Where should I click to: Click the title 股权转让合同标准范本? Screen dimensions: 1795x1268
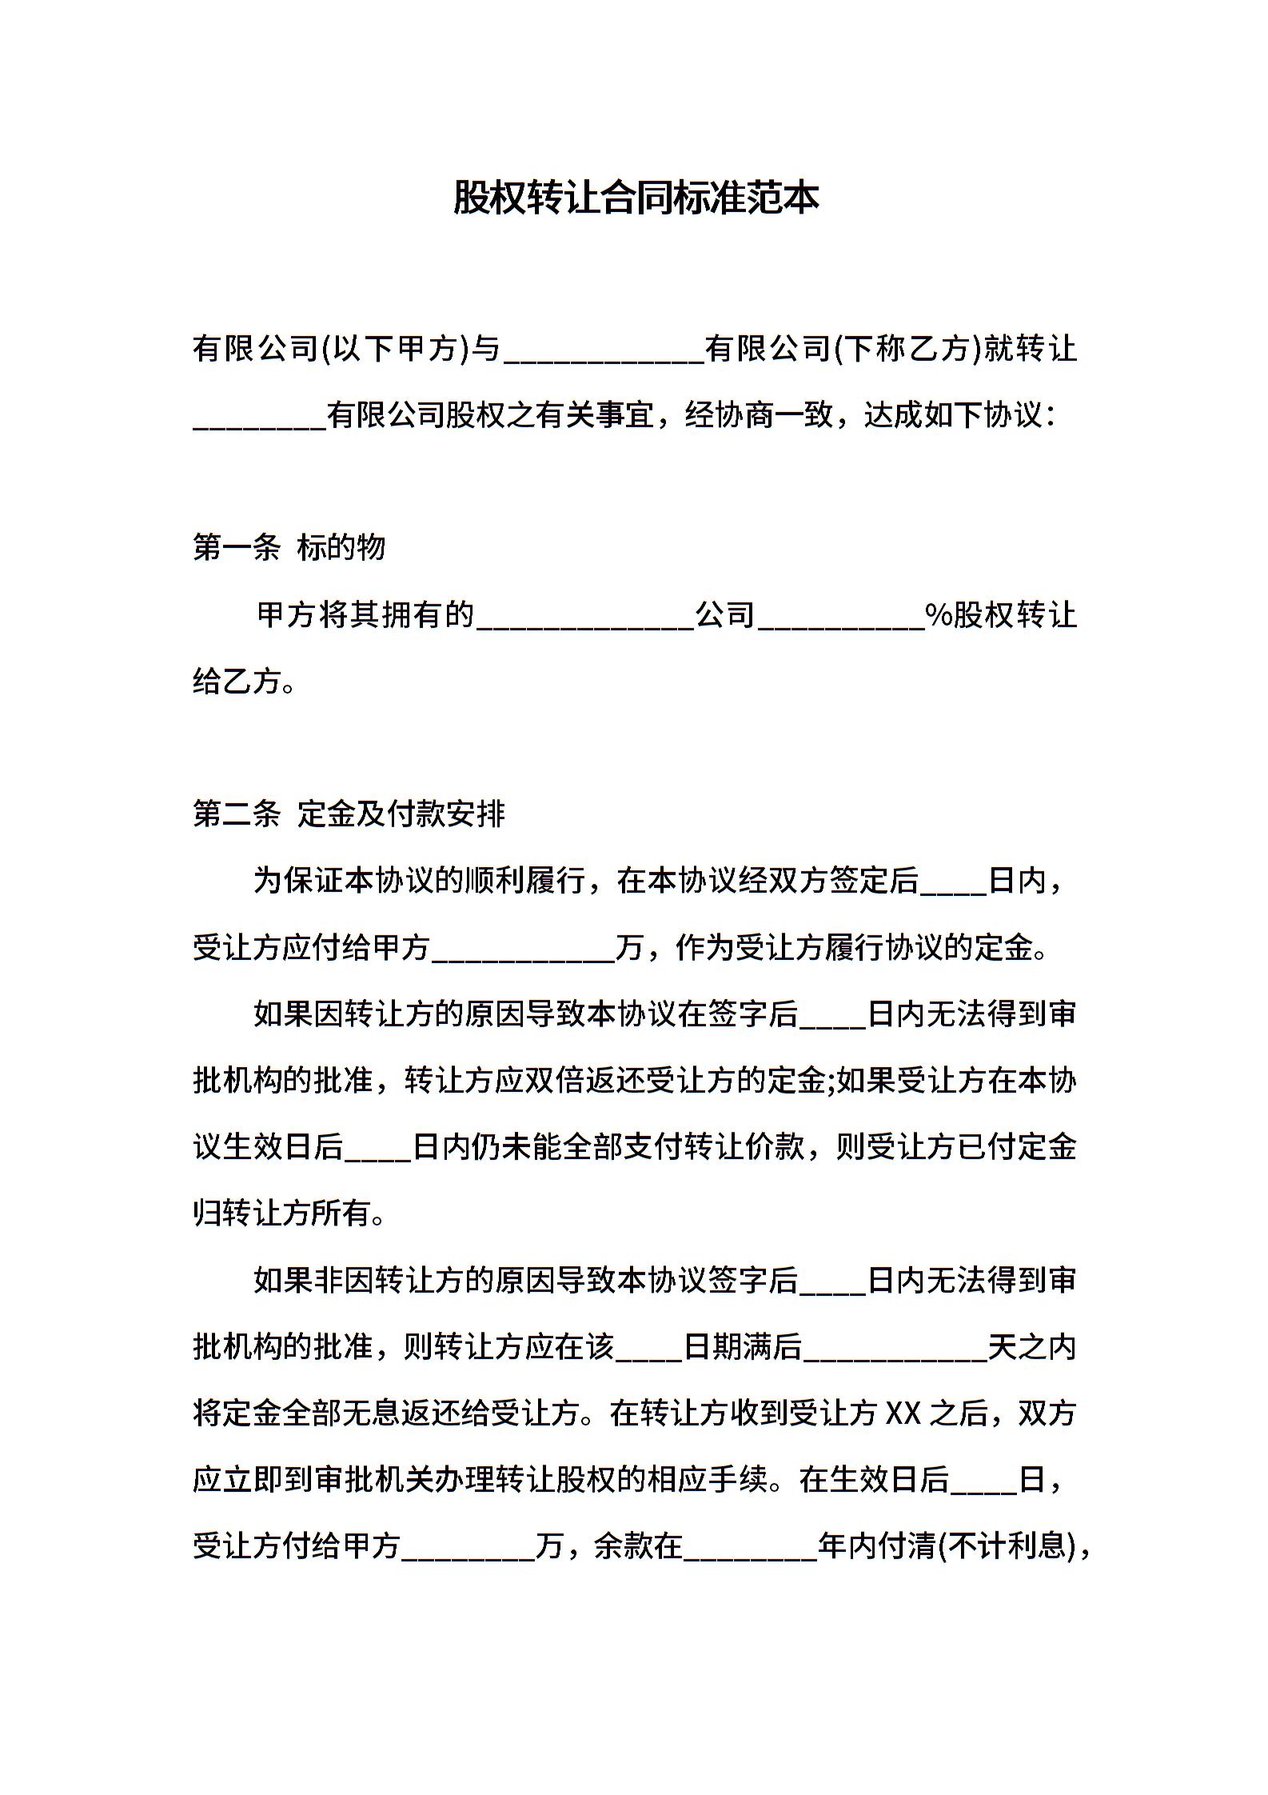pos(636,198)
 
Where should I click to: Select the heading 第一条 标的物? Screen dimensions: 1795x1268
pos(289,548)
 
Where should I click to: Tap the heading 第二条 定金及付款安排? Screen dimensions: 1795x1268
pos(349,814)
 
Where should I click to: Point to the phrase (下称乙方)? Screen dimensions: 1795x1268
pos(907,349)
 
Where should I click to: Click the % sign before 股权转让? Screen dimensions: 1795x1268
pos(937,615)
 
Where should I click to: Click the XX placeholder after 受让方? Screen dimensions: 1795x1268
pos(904,1413)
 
